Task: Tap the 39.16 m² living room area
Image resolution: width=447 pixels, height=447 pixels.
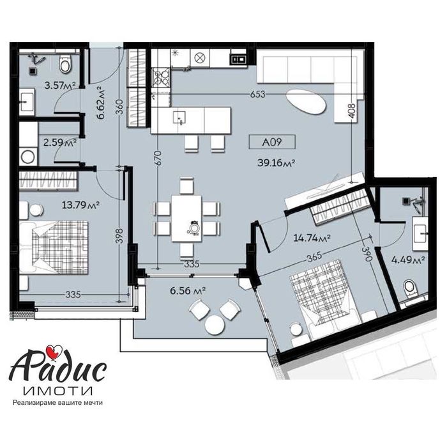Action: point(275,163)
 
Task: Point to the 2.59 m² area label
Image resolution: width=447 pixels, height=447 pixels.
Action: point(57,143)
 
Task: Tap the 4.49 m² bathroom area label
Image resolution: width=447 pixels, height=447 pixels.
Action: point(409,260)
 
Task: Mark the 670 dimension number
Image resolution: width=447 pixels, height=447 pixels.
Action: point(157,158)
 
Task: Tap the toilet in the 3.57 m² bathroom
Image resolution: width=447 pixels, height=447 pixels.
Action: point(64,64)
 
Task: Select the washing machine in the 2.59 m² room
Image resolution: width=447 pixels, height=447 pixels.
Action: point(28,155)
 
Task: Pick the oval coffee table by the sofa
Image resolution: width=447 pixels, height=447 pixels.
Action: point(305,100)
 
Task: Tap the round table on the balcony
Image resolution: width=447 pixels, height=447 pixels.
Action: point(215,326)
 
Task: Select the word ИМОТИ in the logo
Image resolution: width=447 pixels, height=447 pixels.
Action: point(57,388)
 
